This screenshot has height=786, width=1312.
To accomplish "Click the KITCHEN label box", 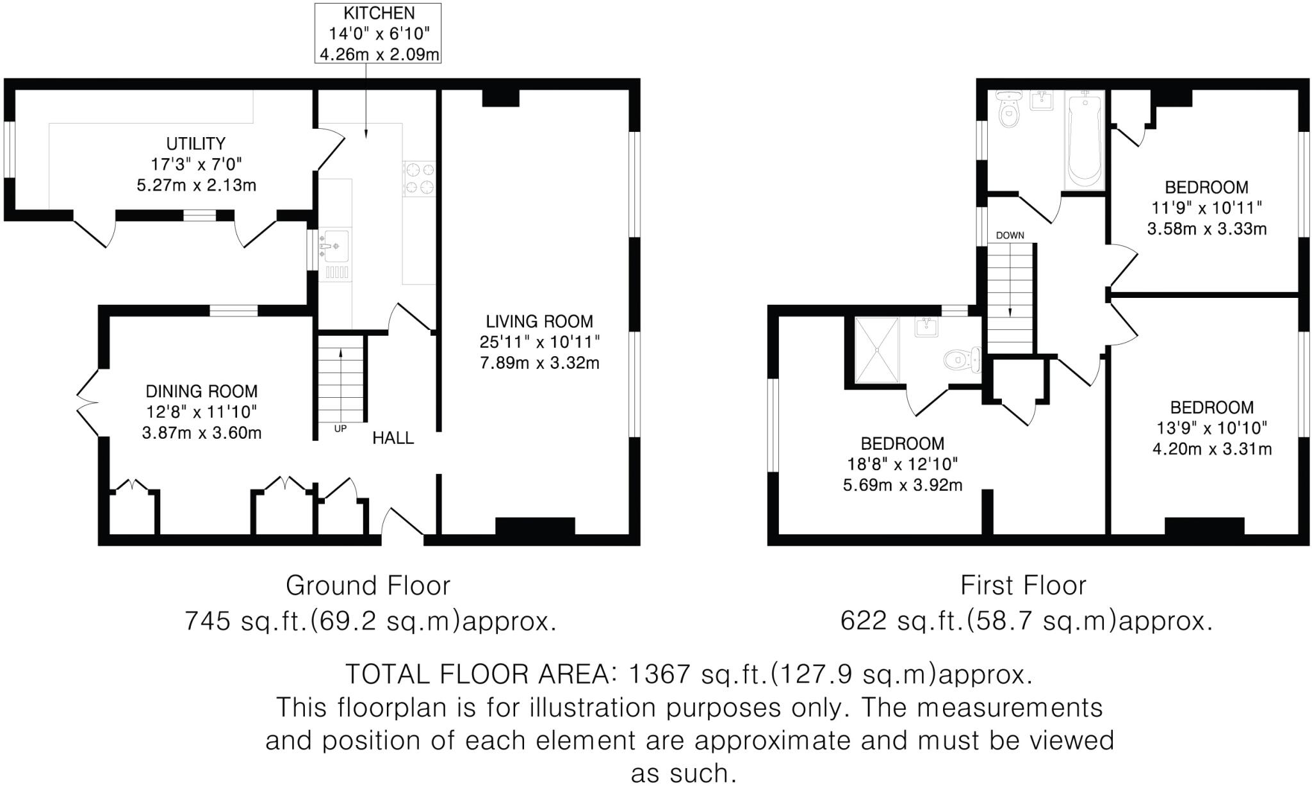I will click(x=378, y=33).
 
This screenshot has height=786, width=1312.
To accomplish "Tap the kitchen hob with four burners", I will click(x=419, y=178).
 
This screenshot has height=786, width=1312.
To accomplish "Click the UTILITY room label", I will click(x=196, y=143).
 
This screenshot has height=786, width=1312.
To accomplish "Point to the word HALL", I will click(x=393, y=438).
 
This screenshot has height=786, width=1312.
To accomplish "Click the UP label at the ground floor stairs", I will click(x=340, y=429).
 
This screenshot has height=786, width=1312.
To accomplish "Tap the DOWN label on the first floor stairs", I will click(x=1010, y=235).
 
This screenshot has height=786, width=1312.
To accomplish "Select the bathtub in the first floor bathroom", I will click(x=1084, y=140).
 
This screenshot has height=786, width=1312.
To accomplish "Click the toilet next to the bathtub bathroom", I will click(x=1009, y=111).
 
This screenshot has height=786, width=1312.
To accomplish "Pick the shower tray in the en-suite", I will click(x=877, y=350).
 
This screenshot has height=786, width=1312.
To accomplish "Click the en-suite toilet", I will click(x=961, y=359).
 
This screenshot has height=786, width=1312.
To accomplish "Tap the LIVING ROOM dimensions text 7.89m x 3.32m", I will click(x=539, y=363).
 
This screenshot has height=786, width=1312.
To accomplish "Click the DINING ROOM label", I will click(x=201, y=391).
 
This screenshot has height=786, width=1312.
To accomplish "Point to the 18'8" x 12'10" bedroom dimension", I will click(x=902, y=464).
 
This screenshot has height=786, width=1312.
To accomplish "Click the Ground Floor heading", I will click(x=368, y=585).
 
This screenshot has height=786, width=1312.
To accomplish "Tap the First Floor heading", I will click(x=1023, y=585).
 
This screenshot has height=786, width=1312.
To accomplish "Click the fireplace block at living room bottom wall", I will click(x=535, y=526).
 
